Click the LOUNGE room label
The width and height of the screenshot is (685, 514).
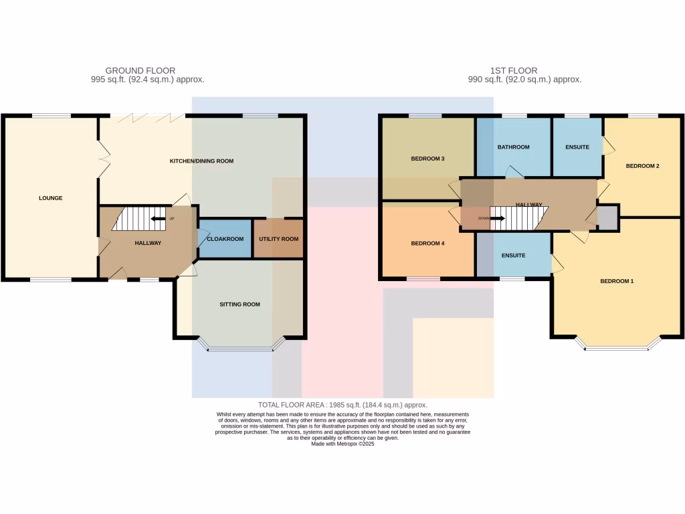[x=51, y=198]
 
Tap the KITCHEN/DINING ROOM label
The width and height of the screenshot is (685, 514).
[x=201, y=161]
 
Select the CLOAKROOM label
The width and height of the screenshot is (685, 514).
[x=224, y=239]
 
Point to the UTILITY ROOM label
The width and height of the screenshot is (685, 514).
[x=278, y=239]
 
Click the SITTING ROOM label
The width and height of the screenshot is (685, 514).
[x=239, y=305]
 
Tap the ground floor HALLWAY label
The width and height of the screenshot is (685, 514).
[x=148, y=243]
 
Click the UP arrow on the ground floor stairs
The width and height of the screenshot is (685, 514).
[x=158, y=218]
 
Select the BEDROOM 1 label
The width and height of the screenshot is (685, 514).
[x=616, y=281]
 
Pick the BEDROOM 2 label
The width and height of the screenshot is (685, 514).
[x=643, y=165]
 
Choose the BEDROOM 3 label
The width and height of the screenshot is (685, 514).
[x=427, y=159]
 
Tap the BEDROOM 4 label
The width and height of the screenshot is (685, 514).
[x=427, y=244]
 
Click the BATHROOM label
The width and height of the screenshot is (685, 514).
[x=513, y=147]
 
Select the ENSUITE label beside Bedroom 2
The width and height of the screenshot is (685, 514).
[x=577, y=147]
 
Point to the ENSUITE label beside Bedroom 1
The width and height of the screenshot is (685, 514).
[x=513, y=256]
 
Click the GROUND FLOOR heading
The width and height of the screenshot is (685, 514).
[x=140, y=70]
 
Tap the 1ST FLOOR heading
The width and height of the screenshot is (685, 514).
[x=513, y=70]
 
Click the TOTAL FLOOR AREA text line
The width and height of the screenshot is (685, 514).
[x=342, y=405]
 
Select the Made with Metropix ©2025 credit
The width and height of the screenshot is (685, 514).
[x=342, y=444]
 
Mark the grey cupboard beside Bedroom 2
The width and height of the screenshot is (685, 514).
[x=607, y=219]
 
